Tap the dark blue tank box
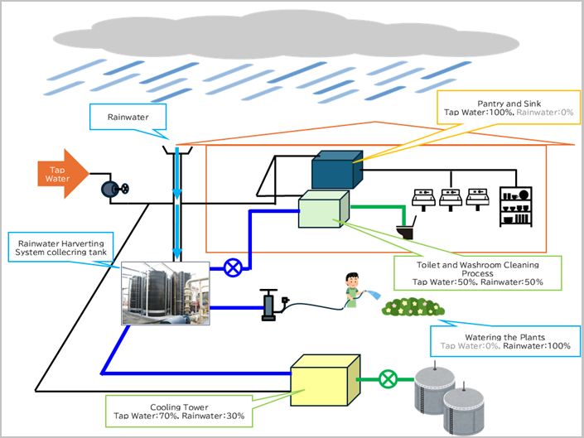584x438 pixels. tap(336, 172)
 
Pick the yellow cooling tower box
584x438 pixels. tap(324, 379)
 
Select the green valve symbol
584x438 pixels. tap(387, 380)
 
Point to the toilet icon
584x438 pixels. tap(406, 228)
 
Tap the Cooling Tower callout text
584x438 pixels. tap(179, 411)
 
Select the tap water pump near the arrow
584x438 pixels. tap(111, 189)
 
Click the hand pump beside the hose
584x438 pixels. tap(269, 305)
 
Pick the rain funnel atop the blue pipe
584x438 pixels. tap(178, 152)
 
